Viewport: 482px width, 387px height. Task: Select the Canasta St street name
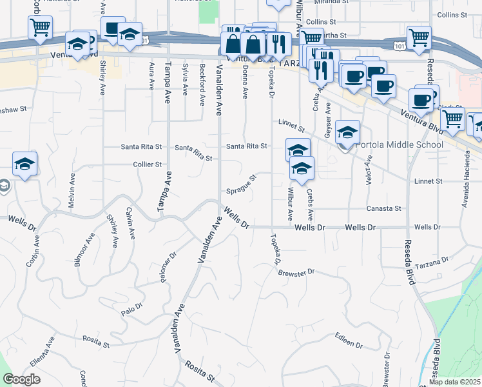click(384, 208)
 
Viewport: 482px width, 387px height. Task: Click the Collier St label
click(147, 164)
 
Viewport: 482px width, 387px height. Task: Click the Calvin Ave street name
click(130, 221)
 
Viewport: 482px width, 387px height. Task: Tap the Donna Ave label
click(245, 82)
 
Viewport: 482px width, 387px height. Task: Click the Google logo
click(21, 379)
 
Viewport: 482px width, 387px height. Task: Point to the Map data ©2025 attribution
click(455, 382)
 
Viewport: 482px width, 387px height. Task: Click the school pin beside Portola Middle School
click(347, 133)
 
